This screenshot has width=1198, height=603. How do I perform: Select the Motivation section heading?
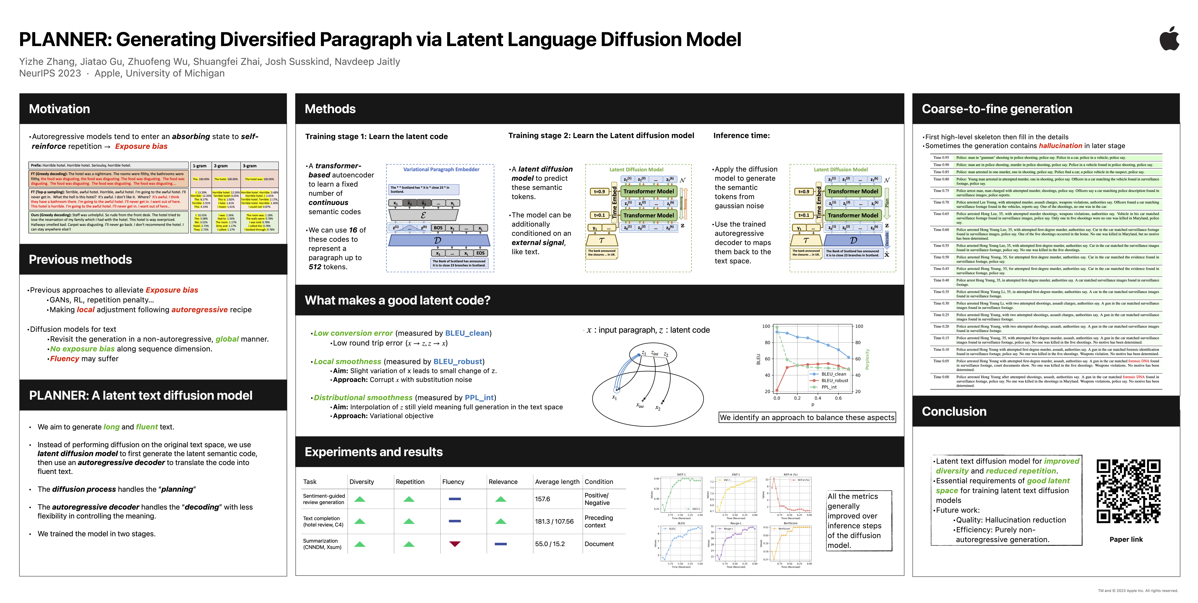pos(59,109)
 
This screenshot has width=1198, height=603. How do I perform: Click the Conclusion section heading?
pos(954,411)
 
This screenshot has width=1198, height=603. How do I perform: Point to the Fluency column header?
pos(453,482)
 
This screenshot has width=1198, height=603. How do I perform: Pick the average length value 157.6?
pos(542,499)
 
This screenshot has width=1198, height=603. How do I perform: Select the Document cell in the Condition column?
pos(599,544)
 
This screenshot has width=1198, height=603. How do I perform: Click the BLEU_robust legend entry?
pos(834,380)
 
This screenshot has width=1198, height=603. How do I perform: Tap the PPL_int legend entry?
pos(829,387)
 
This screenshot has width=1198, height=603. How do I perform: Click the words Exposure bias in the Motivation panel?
pos(141,146)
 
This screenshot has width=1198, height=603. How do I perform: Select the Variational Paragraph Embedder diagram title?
pos(441,170)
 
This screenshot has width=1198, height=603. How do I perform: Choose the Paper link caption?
pos(1126,539)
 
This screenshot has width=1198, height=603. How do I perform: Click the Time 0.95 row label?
pos(941,158)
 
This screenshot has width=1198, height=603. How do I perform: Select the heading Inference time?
pos(741,136)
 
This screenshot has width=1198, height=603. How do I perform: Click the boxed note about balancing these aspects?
pos(807,417)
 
